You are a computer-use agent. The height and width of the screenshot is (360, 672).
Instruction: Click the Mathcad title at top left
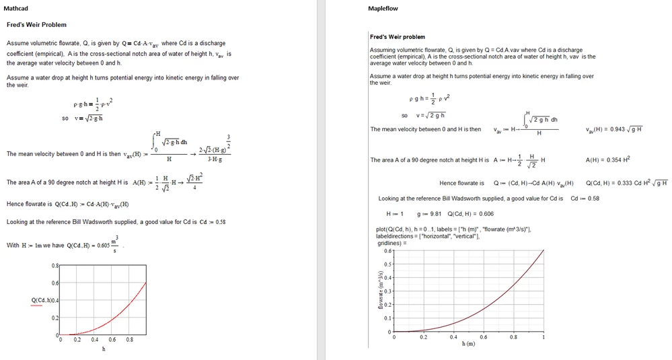pos(15,9)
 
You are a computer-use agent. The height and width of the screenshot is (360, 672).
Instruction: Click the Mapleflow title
pos(383,9)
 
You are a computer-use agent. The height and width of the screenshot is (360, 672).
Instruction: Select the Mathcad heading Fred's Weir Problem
pos(36,25)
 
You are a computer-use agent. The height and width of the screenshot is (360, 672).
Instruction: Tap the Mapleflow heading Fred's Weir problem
pos(398,37)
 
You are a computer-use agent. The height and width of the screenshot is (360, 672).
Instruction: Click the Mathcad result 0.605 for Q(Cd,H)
pos(103,246)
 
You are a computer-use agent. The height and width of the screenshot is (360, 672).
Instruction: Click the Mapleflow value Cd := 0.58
pos(585,199)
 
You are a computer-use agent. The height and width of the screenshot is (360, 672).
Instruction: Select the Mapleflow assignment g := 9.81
pos(430,214)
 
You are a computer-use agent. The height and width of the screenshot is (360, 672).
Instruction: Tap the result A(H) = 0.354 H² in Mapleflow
pos(608,160)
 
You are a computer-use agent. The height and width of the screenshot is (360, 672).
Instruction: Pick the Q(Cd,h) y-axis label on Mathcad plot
pos(44,300)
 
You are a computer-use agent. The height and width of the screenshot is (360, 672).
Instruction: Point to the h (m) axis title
pos(468,344)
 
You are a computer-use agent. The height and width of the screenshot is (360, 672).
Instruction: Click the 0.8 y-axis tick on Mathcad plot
pos(55,266)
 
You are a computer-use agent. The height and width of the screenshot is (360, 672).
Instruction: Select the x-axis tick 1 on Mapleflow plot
pos(544,337)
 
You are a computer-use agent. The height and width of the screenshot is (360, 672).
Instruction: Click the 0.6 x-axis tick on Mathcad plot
pos(112,340)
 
